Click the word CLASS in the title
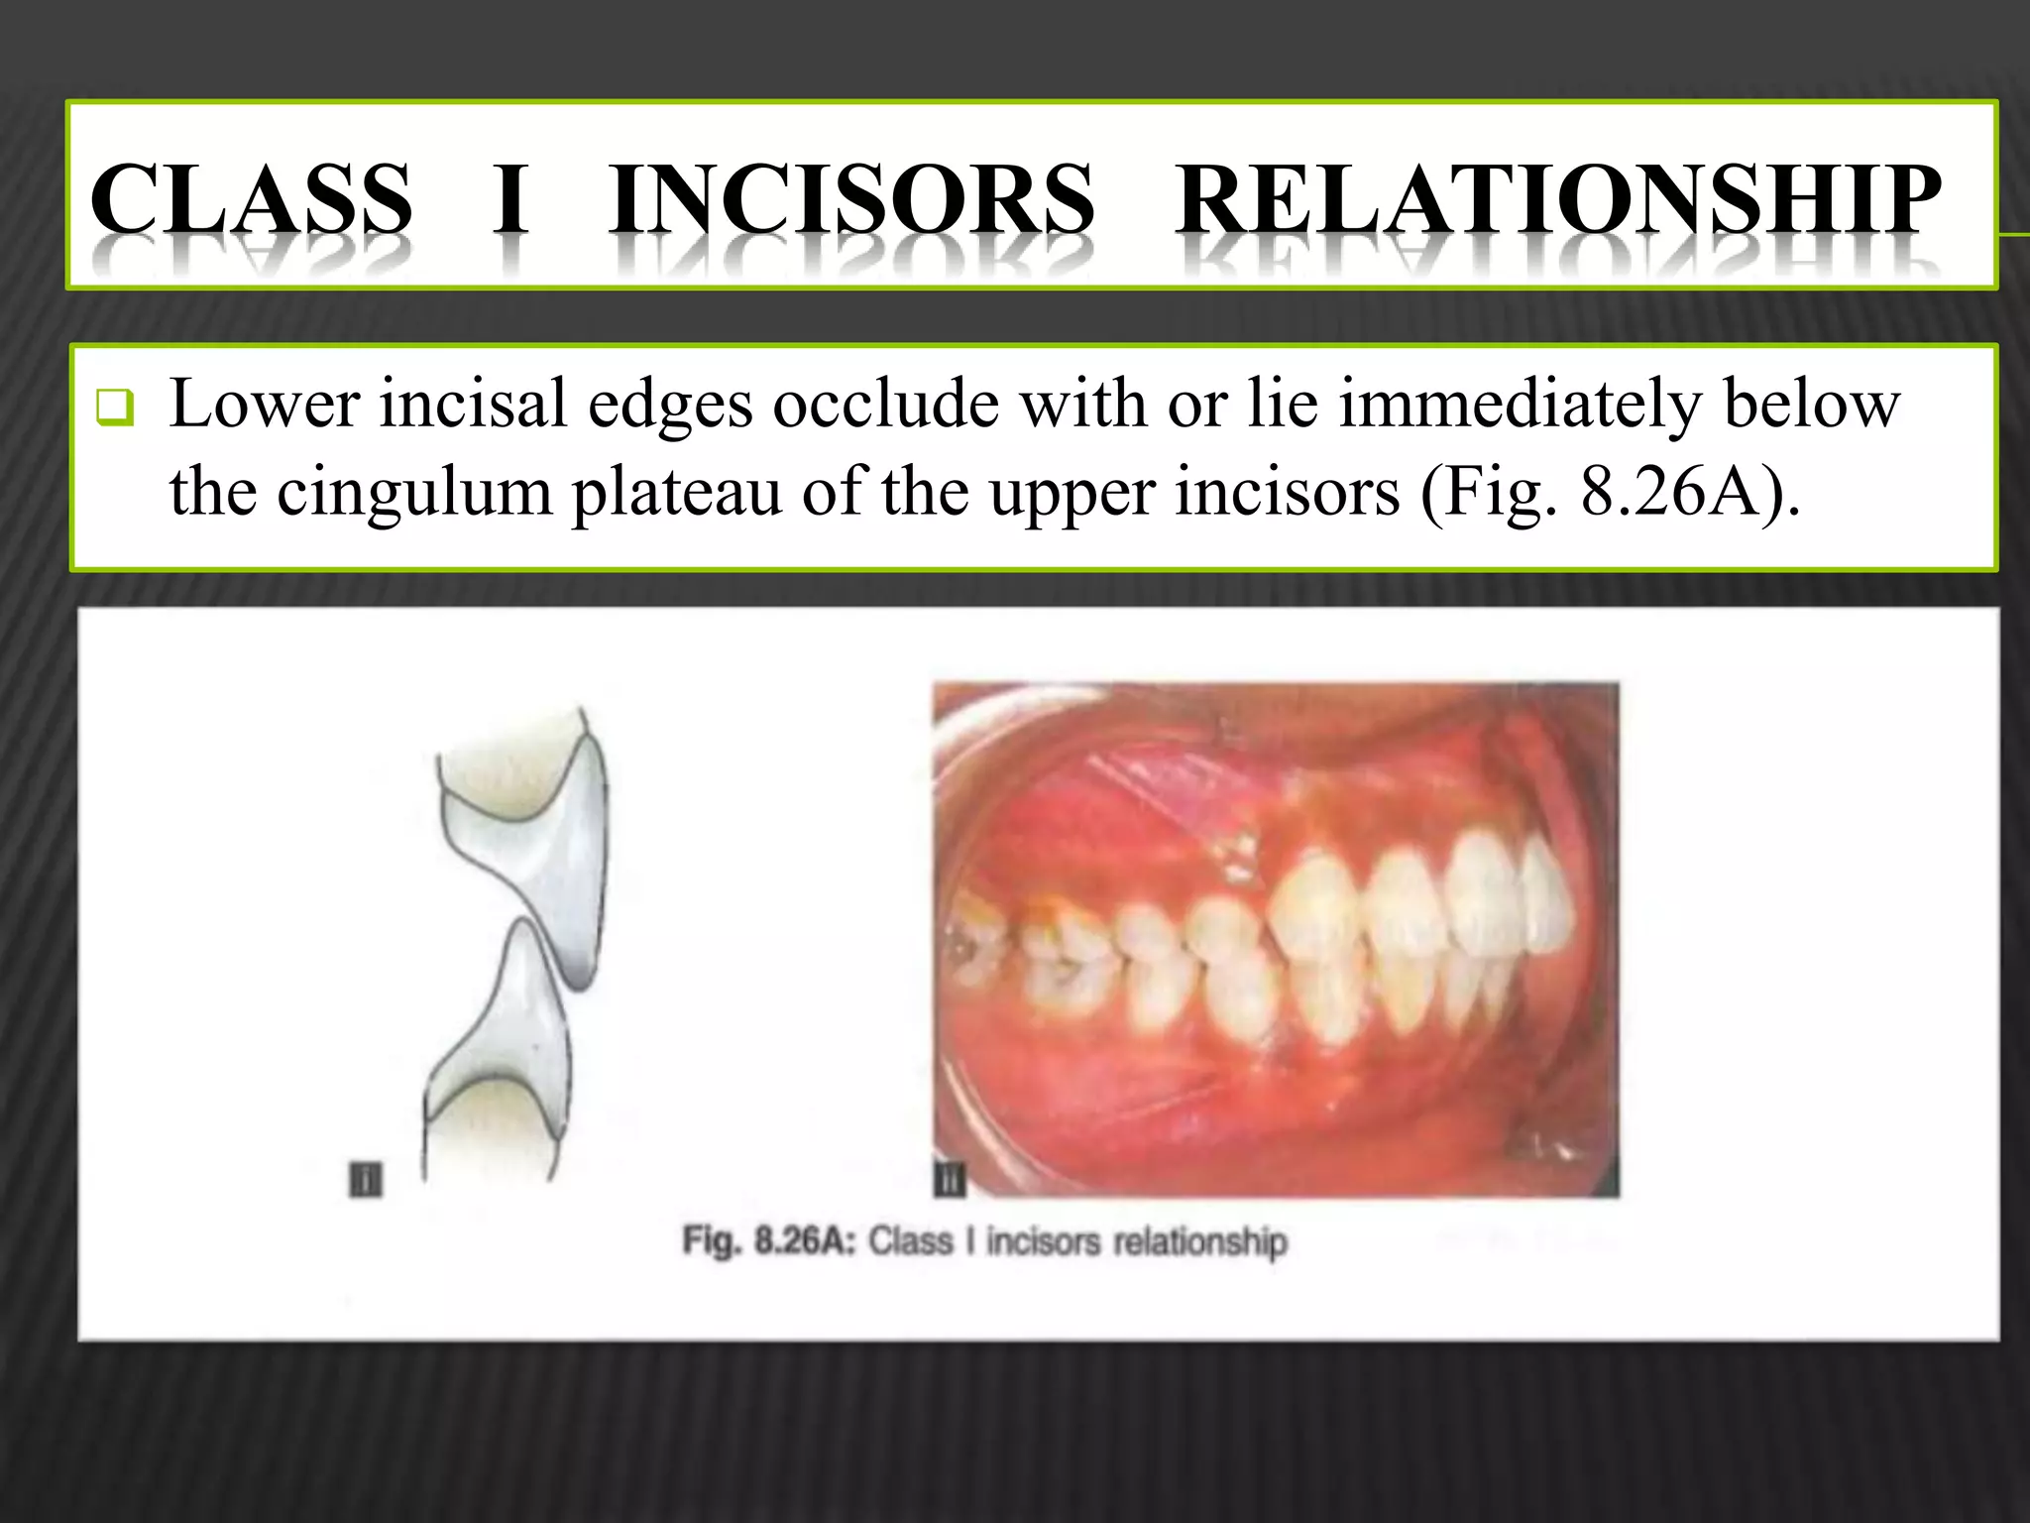251,197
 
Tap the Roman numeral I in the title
510,197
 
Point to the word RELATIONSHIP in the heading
1558,197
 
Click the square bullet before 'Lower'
115,408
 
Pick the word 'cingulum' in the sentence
413,493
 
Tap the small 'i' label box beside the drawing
366,1180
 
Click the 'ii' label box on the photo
950,1180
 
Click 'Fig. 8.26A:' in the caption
768,1241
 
